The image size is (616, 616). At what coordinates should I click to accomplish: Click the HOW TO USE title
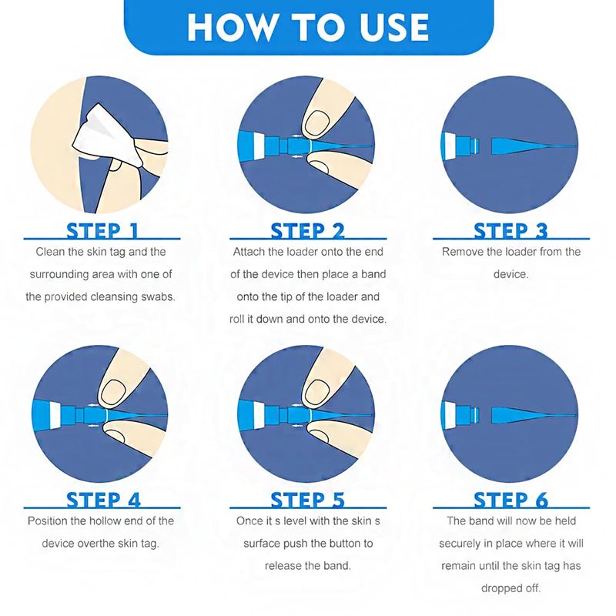point(308,27)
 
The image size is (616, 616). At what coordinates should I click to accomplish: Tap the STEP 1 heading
point(102,230)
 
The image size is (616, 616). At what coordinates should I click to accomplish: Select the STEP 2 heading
point(307,230)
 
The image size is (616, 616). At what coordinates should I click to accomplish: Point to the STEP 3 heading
point(511,230)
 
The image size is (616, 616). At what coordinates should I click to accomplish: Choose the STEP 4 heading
point(103,500)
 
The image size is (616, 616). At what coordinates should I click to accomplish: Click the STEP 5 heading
point(307,500)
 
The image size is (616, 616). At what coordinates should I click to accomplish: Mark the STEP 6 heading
point(511,500)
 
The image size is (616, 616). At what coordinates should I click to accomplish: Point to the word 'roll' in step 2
point(236,319)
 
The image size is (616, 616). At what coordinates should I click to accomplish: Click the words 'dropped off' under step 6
point(511,588)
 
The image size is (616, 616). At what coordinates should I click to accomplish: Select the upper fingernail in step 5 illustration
point(317,393)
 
